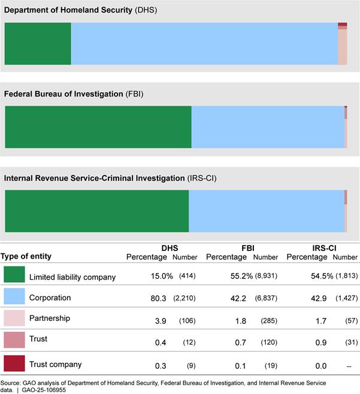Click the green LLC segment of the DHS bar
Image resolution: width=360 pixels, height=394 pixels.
click(38, 44)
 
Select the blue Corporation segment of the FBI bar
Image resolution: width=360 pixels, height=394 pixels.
click(268, 127)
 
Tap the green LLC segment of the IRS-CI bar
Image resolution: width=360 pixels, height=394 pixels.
click(96, 211)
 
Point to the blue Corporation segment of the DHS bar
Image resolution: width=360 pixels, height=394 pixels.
click(204, 44)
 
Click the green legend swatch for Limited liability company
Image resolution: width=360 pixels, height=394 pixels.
click(14, 275)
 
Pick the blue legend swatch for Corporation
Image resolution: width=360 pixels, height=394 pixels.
click(14, 297)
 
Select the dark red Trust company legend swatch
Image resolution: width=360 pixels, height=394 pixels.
click(14, 363)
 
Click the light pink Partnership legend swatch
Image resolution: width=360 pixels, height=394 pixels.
click(14, 319)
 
